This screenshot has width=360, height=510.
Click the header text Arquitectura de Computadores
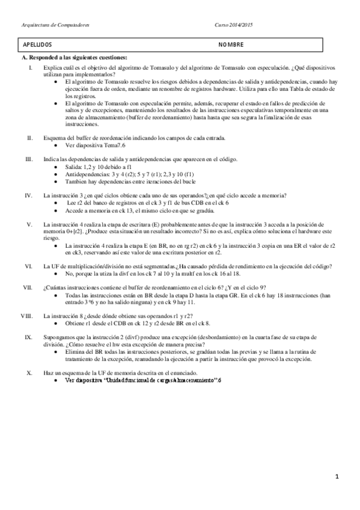(55, 25)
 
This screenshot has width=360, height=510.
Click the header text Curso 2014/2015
(234, 25)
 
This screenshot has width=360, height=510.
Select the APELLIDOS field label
(37, 45)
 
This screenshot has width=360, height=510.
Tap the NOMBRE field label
(231, 45)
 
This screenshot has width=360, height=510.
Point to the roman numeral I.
(31, 69)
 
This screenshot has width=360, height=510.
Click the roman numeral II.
(29, 138)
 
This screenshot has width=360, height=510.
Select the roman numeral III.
(28, 159)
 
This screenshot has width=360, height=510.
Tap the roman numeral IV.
(28, 195)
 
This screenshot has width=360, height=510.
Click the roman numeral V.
(29, 223)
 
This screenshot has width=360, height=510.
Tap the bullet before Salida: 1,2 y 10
(56, 167)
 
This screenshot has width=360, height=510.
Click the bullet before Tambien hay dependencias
(56, 181)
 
